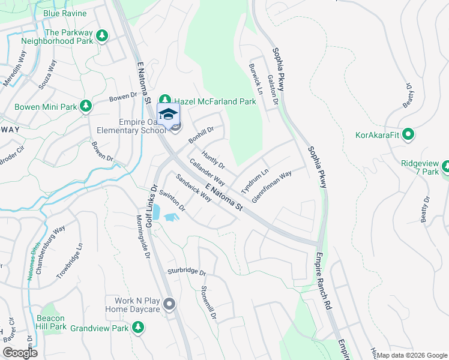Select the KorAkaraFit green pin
click(x=409, y=134)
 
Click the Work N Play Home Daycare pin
click(x=169, y=305)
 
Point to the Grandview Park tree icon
click(x=139, y=328)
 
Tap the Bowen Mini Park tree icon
click(x=86, y=106)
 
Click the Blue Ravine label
click(x=65, y=13)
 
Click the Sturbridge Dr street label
click(x=187, y=272)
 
